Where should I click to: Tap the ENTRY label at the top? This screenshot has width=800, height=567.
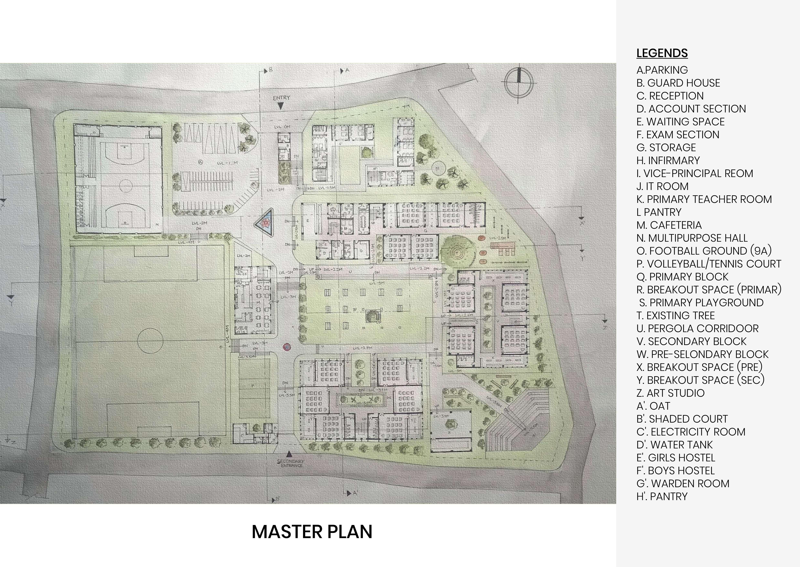click(x=281, y=98)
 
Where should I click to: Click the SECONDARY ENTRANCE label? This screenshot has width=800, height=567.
click(x=291, y=463)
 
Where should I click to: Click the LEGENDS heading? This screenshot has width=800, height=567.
click(x=662, y=53)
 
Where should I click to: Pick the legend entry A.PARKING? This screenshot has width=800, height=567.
click(x=662, y=70)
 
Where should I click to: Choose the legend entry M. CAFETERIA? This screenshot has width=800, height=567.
click(x=669, y=225)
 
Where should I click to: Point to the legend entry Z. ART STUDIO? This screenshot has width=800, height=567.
click(x=670, y=393)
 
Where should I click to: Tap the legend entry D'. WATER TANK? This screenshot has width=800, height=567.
click(x=674, y=445)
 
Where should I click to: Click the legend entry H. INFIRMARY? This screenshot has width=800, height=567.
click(x=668, y=161)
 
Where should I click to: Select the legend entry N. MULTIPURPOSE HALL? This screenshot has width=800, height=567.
click(x=692, y=238)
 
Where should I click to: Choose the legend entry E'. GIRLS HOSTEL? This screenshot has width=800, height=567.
click(x=676, y=458)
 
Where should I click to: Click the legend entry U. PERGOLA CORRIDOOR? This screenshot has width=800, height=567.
click(x=697, y=329)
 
